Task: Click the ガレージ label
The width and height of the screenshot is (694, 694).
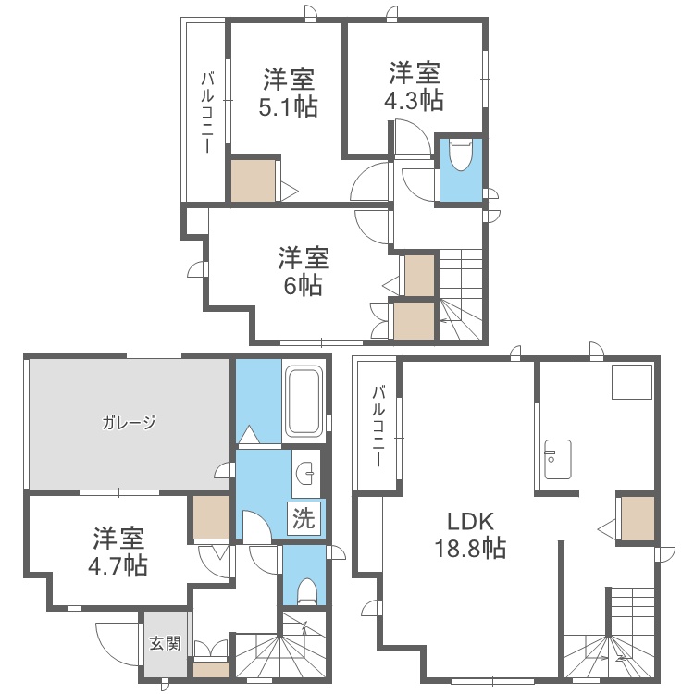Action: click(129, 423)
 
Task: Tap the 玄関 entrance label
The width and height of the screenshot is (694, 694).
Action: click(165, 643)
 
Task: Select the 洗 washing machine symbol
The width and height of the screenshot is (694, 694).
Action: click(304, 517)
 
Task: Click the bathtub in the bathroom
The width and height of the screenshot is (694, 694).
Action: click(304, 401)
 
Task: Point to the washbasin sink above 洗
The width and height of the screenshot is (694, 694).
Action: click(305, 473)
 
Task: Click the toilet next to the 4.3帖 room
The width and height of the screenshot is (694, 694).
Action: click(460, 155)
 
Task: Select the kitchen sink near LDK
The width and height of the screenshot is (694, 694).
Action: click(557, 459)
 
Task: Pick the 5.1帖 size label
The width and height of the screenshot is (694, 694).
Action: click(288, 107)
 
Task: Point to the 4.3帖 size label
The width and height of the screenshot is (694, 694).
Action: click(414, 100)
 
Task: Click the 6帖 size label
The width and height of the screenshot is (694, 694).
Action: click(304, 285)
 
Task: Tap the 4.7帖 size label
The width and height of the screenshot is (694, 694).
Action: click(118, 565)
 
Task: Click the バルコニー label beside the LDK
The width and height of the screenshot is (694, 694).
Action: click(378, 426)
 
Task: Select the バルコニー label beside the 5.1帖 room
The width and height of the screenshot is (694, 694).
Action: click(207, 112)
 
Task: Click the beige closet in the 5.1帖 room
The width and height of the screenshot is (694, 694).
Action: click(254, 180)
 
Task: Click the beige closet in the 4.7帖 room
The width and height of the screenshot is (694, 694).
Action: click(212, 517)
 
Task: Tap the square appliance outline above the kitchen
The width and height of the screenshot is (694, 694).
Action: click(632, 382)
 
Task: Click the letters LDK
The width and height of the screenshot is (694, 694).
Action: click(470, 522)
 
